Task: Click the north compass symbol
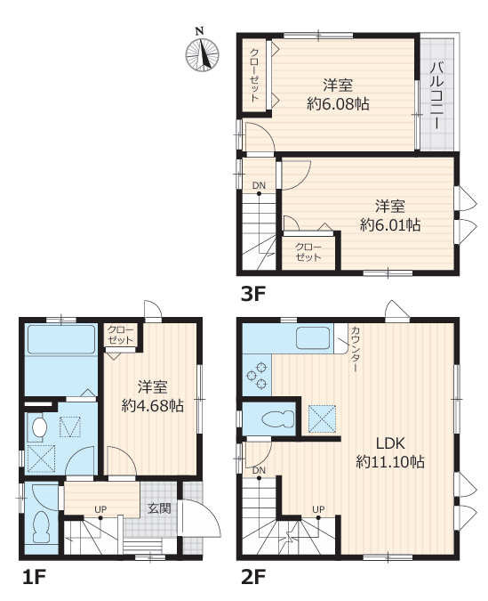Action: pyautogui.click(x=202, y=54)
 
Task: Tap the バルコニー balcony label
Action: pyautogui.click(x=437, y=95)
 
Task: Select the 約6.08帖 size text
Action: pyautogui.click(x=338, y=104)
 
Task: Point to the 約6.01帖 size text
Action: pyautogui.click(x=390, y=225)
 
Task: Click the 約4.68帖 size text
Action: pyautogui.click(x=153, y=405)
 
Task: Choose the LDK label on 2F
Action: pyautogui.click(x=390, y=443)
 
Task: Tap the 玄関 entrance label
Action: pyautogui.click(x=159, y=508)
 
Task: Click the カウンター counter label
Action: pyautogui.click(x=355, y=348)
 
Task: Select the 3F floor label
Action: pyautogui.click(x=253, y=294)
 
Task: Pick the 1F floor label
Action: pyautogui.click(x=35, y=577)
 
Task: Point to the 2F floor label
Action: pyautogui.click(x=253, y=577)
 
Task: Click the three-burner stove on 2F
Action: pyautogui.click(x=256, y=375)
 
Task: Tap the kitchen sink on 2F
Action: pyautogui.click(x=313, y=337)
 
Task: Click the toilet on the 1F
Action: pyautogui.click(x=42, y=529)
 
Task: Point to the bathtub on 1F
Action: pyautogui.click(x=61, y=339)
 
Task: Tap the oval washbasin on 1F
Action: pyautogui.click(x=39, y=426)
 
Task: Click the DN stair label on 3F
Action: pyautogui.click(x=259, y=185)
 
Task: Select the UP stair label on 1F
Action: pyautogui.click(x=100, y=509)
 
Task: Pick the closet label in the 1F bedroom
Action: pyautogui.click(x=121, y=335)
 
